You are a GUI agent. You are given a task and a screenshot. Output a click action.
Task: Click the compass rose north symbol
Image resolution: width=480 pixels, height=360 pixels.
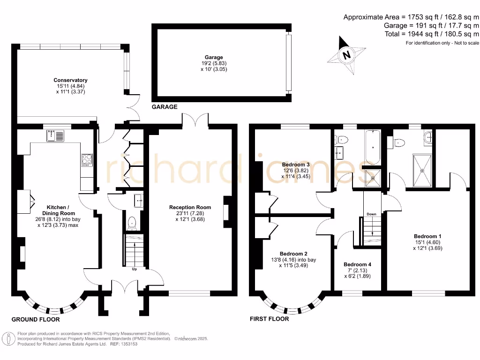click(347, 55)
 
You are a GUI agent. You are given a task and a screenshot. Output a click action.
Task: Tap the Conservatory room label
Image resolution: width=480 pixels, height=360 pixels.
click(70, 81)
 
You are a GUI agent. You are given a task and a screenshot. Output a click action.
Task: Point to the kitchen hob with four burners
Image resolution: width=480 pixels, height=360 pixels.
click(87, 160)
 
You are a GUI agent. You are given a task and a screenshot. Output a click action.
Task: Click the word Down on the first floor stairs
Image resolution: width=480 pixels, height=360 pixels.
click(371, 214)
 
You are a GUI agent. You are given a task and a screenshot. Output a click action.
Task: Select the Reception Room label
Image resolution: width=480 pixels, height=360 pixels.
click(190, 207)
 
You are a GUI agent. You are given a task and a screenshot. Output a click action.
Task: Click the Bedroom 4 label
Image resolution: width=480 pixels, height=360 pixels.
click(357, 264)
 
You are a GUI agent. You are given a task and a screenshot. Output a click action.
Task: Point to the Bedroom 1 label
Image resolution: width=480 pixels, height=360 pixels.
click(427, 236)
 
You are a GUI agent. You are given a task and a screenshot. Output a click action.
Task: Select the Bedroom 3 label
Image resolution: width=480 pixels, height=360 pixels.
click(296, 165)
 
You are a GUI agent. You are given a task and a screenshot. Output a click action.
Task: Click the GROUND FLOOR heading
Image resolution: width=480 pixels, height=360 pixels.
click(36, 319)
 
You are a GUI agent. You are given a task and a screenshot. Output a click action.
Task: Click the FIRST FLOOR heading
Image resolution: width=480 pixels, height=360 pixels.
click(269, 319)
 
